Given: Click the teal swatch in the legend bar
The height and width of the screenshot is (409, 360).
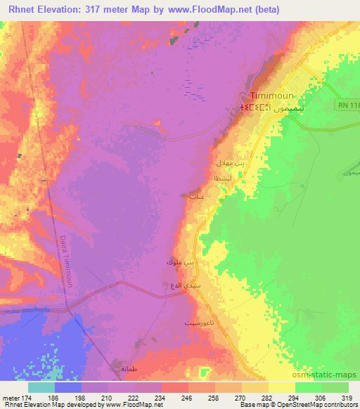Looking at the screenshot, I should [x=41, y=387].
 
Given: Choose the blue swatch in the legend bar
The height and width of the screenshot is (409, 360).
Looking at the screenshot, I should [x=68, y=387].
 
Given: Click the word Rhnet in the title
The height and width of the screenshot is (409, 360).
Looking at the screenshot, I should [x=23, y=10].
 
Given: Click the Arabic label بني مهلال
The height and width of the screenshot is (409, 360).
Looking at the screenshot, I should [x=230, y=162].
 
